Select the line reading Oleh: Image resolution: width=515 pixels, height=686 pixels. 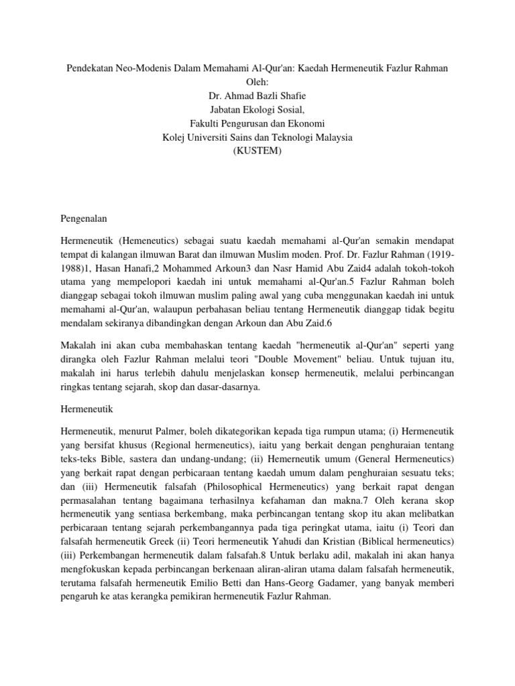pyautogui.click(x=257, y=83)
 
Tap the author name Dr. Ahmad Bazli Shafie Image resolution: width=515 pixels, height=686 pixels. pyautogui.click(x=257, y=97)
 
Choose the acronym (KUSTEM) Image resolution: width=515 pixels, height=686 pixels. pyautogui.click(x=257, y=151)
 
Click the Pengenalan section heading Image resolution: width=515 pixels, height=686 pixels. pyautogui.click(x=84, y=219)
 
